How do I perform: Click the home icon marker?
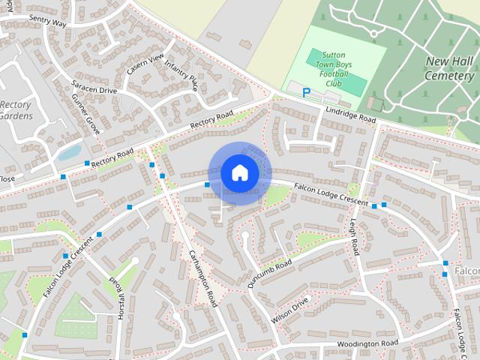(x=238, y=173)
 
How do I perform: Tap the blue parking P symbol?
(x=306, y=92)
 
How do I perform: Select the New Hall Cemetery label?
(x=448, y=68)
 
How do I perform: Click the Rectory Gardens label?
(x=15, y=111)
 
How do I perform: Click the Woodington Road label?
(x=366, y=343)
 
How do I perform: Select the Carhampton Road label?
(x=202, y=277)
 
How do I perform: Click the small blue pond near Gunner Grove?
(x=70, y=153)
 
